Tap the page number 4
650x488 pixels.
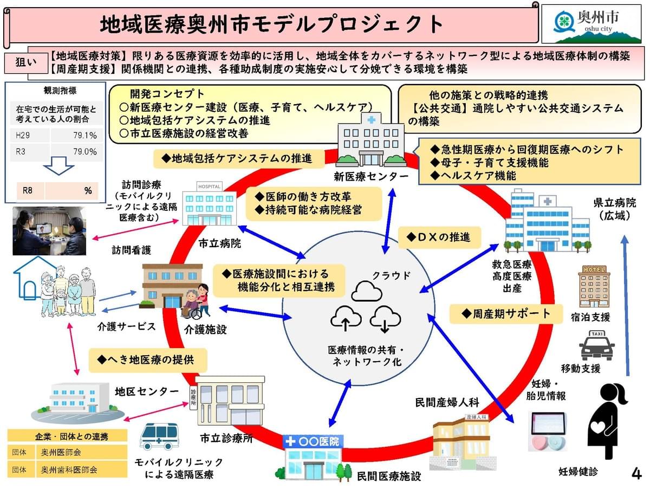click(636, 473)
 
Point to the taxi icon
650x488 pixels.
click(597, 345)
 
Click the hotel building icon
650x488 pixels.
click(594, 286)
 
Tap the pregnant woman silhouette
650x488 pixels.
click(608, 421)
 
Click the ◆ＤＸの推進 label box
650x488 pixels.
click(439, 237)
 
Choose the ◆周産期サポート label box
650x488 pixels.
click(506, 313)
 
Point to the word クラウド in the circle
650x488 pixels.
click(391, 275)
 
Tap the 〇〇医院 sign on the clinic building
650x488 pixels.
click(314, 441)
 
